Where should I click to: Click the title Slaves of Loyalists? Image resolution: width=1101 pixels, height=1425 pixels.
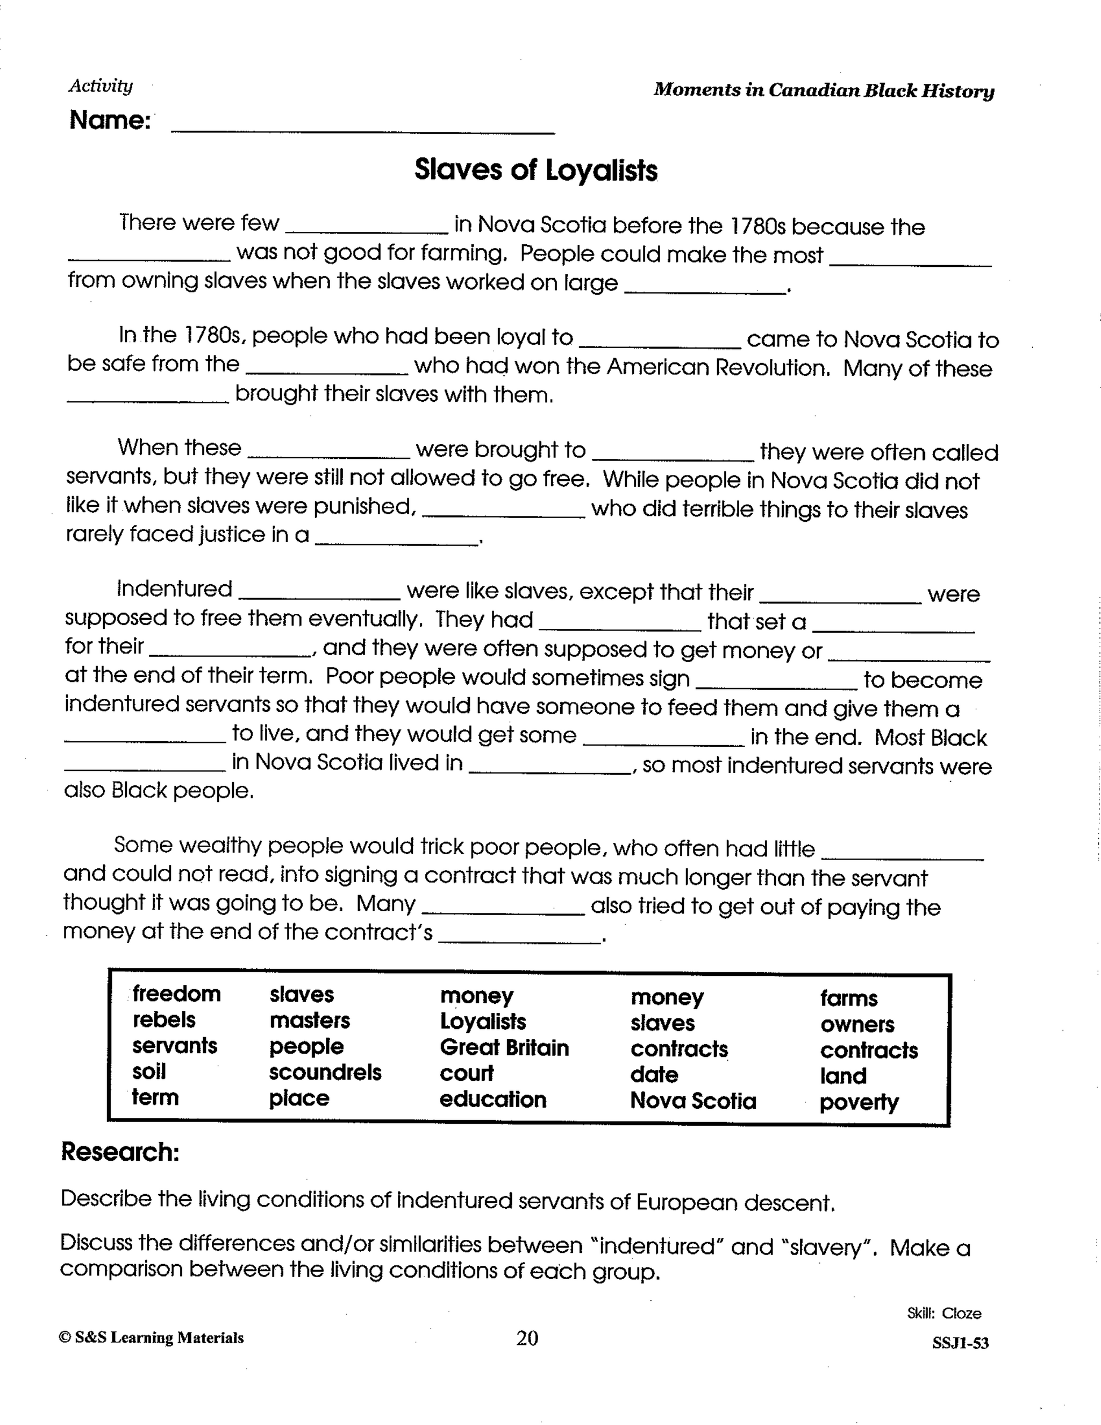(535, 171)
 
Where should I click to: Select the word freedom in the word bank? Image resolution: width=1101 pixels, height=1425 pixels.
(177, 994)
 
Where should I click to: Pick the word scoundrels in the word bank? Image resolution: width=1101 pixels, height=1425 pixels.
(325, 1073)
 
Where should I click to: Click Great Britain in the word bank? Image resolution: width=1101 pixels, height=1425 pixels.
(504, 1048)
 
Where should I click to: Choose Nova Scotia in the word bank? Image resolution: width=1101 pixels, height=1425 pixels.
(692, 1101)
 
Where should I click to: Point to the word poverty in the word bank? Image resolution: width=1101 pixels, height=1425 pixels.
(859, 1103)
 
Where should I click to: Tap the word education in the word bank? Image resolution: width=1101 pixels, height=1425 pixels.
(492, 1100)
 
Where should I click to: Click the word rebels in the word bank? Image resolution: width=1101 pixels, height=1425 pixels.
(164, 1020)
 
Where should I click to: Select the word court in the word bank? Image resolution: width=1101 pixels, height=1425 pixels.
(466, 1073)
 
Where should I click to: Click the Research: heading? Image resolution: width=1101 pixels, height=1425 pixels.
(120, 1152)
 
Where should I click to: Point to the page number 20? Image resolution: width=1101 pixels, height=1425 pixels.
(527, 1339)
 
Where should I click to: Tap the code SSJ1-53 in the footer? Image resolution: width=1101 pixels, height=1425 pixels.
(960, 1343)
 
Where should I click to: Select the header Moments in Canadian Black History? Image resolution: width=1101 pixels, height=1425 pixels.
(824, 90)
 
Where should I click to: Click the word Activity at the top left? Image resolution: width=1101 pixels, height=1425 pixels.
(101, 86)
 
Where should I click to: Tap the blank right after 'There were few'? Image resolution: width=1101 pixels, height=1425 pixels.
(367, 227)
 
